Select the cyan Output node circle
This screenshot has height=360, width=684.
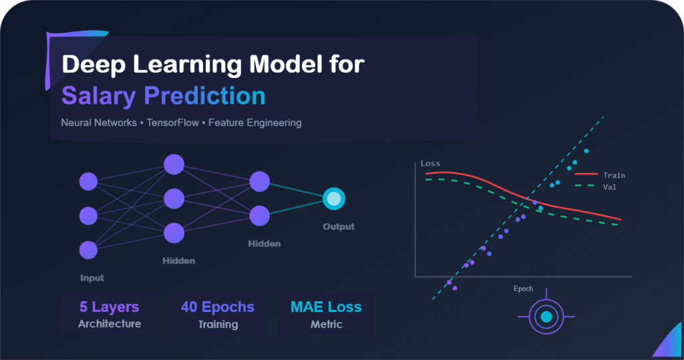[x=333, y=198]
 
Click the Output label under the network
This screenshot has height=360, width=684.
[x=339, y=226]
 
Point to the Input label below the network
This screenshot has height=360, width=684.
[x=92, y=278]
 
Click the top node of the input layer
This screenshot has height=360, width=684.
[x=88, y=181]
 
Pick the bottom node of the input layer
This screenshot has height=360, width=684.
[x=88, y=250]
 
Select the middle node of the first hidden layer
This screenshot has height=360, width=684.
[x=174, y=198]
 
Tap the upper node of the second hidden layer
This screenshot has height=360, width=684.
[x=259, y=181]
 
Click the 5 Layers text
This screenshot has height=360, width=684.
[x=110, y=307]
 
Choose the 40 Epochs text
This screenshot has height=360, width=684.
[x=218, y=307]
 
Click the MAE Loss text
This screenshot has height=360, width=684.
[x=326, y=307]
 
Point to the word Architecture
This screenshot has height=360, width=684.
[x=110, y=325]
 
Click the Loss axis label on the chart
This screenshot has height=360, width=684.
[x=430, y=164]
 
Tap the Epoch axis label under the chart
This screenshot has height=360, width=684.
[x=523, y=289]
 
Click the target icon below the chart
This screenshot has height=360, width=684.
[x=546, y=317]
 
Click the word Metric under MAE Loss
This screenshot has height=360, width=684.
[x=326, y=325]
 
